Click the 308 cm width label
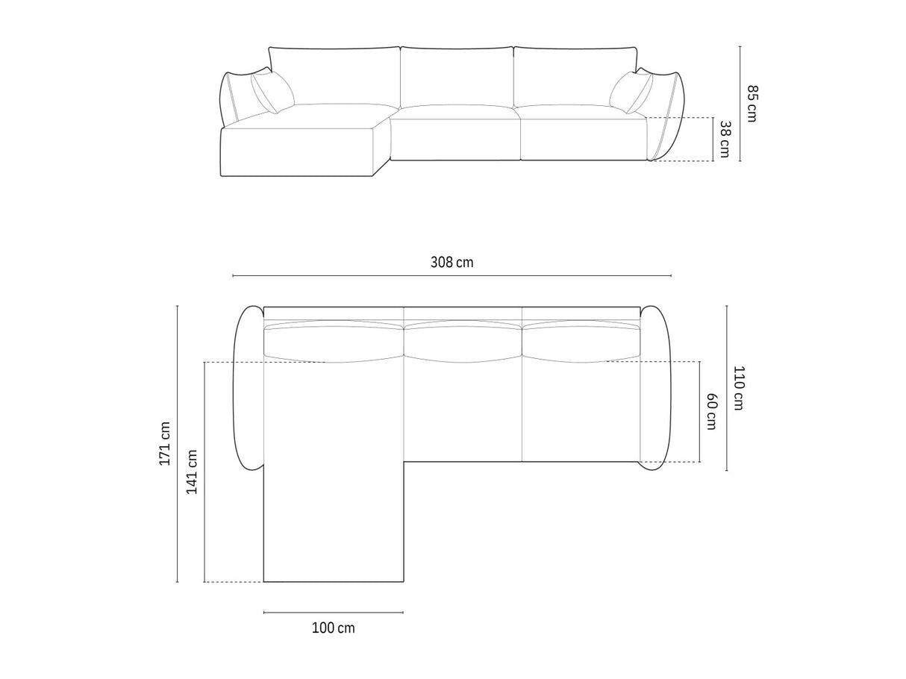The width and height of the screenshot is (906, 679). click(x=452, y=263)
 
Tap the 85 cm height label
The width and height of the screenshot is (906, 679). click(x=752, y=104)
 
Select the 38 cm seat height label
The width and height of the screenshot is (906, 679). click(x=725, y=139)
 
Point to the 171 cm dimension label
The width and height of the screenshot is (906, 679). click(x=165, y=444)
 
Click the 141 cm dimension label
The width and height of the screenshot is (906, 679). click(x=192, y=472)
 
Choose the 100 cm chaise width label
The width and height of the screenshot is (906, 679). click(x=333, y=628)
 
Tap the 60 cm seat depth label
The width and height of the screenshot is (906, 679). click(x=711, y=412)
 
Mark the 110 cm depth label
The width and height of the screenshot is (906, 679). click(x=738, y=388)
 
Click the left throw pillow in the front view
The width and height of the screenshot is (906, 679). click(x=272, y=92)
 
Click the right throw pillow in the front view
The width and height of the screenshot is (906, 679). click(x=631, y=93)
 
